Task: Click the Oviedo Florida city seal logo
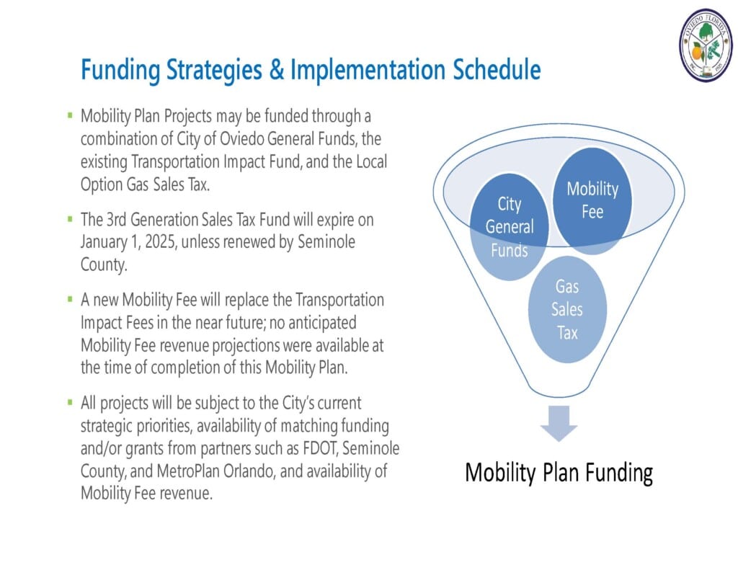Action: point(706,45)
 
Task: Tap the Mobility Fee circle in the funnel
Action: point(592,201)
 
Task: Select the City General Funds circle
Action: point(510,227)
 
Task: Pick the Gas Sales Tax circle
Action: point(567,310)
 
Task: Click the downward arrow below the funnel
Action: point(559,423)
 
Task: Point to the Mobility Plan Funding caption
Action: point(559,472)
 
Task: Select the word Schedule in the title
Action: point(497,70)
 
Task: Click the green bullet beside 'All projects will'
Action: point(70,403)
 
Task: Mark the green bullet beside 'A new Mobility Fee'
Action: point(70,299)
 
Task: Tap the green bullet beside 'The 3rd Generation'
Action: point(70,219)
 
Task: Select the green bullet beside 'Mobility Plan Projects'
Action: point(70,115)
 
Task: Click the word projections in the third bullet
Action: point(262,346)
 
